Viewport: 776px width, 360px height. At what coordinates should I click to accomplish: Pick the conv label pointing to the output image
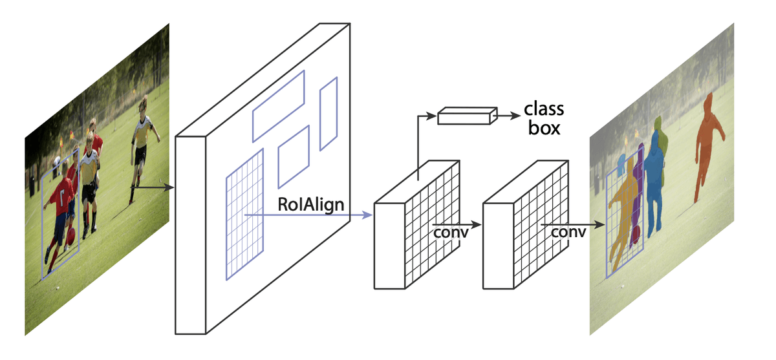(x=568, y=231)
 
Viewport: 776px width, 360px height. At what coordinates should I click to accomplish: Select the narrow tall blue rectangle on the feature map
(x=329, y=112)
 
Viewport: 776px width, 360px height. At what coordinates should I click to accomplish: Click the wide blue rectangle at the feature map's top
(x=278, y=106)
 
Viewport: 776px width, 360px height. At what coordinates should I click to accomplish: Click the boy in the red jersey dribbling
(x=61, y=207)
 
